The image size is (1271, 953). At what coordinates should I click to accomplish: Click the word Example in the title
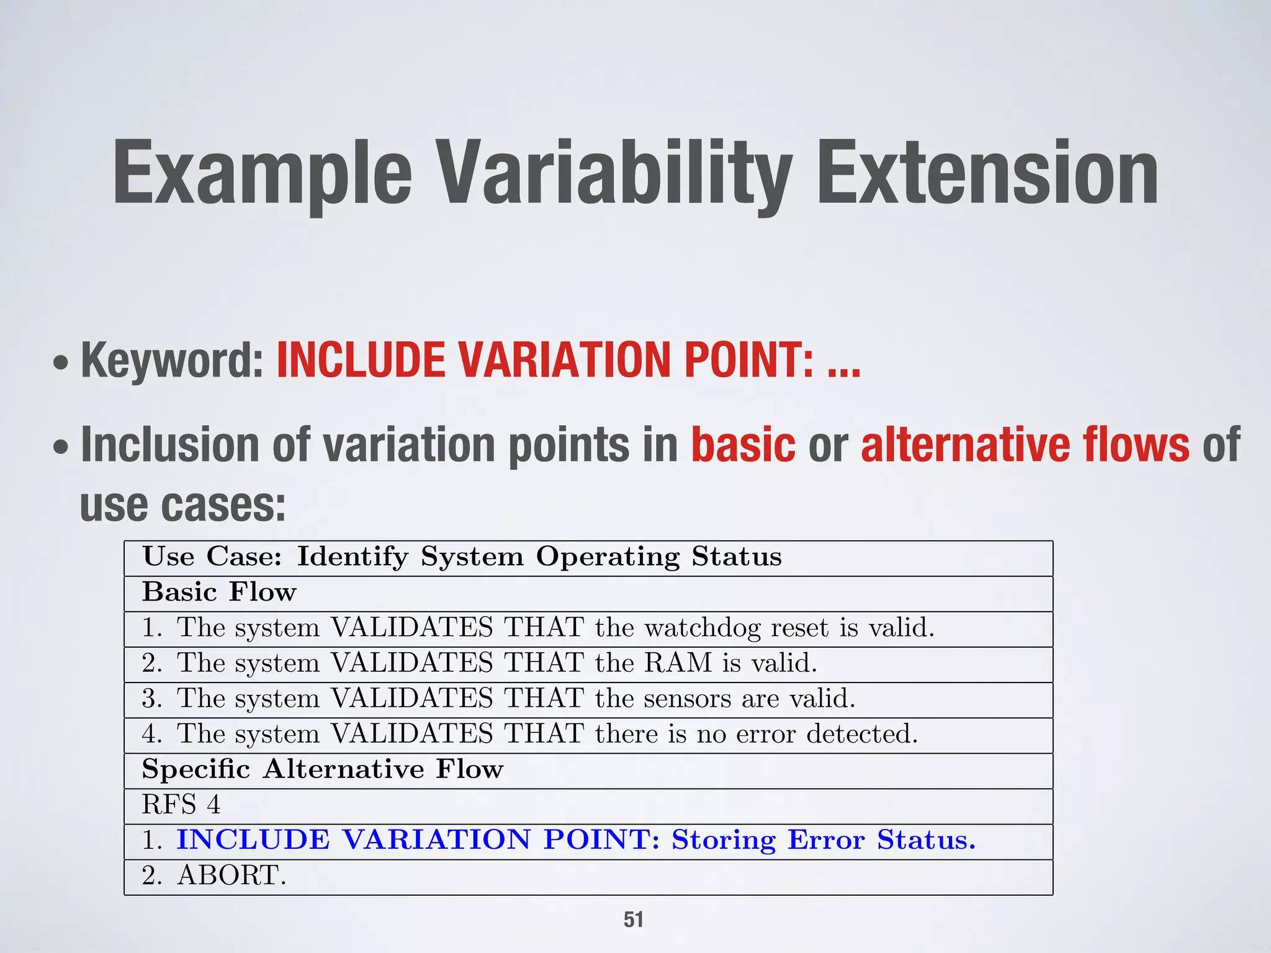click(x=262, y=174)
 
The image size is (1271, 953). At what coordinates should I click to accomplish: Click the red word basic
click(x=743, y=445)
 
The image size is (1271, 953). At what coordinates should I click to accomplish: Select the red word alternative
click(x=964, y=445)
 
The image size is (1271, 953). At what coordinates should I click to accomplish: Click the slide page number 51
click(x=634, y=919)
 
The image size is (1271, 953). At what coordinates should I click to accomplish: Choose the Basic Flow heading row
click(x=219, y=593)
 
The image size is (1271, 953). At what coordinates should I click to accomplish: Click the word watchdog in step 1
click(x=702, y=629)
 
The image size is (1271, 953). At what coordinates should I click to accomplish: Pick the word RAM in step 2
click(x=677, y=664)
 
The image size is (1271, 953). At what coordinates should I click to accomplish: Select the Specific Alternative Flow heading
click(x=323, y=770)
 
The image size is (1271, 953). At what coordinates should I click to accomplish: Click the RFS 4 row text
click(x=181, y=805)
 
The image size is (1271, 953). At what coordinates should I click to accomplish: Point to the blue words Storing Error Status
click(x=823, y=841)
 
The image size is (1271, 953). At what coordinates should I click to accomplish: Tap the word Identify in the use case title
click(x=353, y=557)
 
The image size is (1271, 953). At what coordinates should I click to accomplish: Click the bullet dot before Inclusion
click(x=61, y=447)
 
